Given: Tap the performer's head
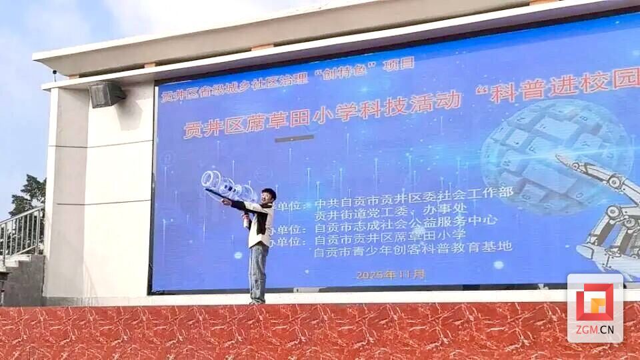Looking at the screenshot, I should click(268, 196).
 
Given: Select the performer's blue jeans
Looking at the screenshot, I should click(258, 272).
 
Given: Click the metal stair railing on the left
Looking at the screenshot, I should click(21, 233).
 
